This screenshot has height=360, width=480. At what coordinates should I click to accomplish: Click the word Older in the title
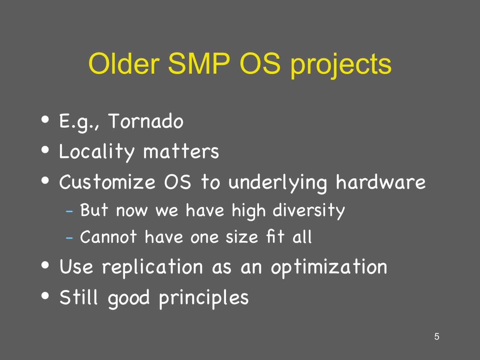click(x=124, y=64)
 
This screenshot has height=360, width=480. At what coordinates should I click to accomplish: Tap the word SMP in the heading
click(x=199, y=64)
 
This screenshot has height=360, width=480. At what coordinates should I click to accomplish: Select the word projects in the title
click(x=341, y=66)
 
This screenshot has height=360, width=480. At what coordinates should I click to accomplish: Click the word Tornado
click(x=146, y=121)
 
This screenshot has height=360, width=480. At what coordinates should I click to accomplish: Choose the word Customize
click(x=107, y=182)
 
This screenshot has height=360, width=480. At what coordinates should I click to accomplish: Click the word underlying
click(x=278, y=183)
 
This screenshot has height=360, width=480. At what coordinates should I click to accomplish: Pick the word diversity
click(x=309, y=211)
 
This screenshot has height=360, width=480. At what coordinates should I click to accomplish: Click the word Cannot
click(x=108, y=237)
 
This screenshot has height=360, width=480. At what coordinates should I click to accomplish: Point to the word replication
click(x=152, y=268)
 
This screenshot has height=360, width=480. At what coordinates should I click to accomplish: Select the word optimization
click(x=329, y=268)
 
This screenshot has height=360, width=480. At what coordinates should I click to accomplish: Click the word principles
click(x=204, y=299)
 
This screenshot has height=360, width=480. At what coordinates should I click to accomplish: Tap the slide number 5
click(x=437, y=337)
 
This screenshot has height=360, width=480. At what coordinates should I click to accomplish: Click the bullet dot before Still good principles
click(x=45, y=296)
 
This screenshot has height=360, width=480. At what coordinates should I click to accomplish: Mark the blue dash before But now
click(x=69, y=212)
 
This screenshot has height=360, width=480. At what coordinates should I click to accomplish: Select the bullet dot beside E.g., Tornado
click(x=45, y=120)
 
